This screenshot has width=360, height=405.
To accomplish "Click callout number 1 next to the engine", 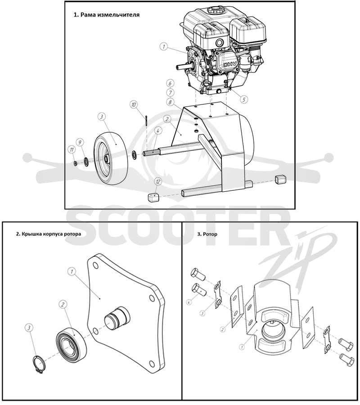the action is pyautogui.click(x=163, y=47).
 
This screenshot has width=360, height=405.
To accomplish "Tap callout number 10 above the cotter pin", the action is pyautogui.click(x=134, y=104).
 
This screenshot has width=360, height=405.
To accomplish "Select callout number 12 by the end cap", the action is pyautogui.click(x=158, y=182).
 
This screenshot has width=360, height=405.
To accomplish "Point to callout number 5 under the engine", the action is pyautogui.click(x=243, y=99).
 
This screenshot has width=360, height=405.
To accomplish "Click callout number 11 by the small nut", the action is pyautogui.click(x=71, y=149).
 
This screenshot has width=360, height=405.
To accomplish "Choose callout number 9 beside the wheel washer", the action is pyautogui.click(x=80, y=142).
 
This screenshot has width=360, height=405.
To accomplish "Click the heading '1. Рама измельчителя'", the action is pyautogui.click(x=106, y=15).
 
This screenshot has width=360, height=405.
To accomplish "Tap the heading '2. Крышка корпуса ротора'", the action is pyautogui.click(x=49, y=234).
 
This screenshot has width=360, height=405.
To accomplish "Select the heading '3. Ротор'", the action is pyautogui.click(x=207, y=234).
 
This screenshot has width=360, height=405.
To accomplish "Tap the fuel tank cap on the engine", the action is pyautogui.click(x=215, y=11).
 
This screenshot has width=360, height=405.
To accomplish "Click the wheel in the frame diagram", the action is pyautogui.click(x=111, y=158).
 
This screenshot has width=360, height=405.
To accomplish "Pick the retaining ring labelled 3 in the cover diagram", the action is pyautogui.click(x=39, y=364).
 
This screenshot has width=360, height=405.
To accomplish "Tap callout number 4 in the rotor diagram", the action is pyautogui.click(x=189, y=301).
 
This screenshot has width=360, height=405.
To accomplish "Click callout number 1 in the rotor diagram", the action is pyautogui.click(x=242, y=347).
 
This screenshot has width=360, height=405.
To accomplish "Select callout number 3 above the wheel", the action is pyautogui.click(x=102, y=117).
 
